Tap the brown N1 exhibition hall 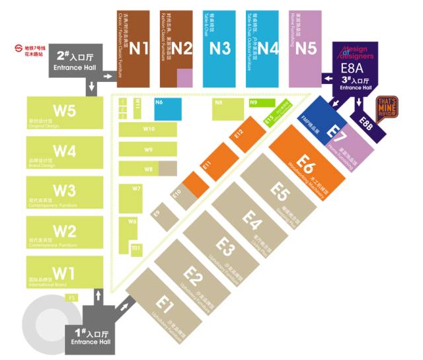point(139,48)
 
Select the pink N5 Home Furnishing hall point(306,48)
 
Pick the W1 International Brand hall point(65,273)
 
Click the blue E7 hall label point(336,131)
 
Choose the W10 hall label point(149,129)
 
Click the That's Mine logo point(386,107)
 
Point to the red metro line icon point(17,48)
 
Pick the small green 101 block point(135,248)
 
